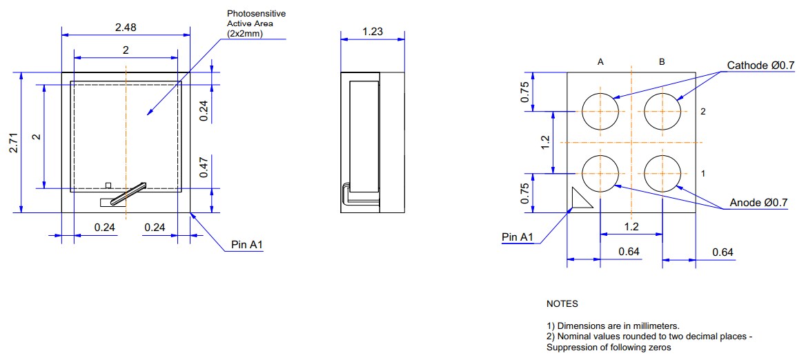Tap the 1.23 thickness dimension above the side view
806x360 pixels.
tap(372, 31)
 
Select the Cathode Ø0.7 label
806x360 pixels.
tap(760, 66)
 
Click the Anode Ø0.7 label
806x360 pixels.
tap(759, 203)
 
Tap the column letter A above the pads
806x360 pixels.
tap(600, 62)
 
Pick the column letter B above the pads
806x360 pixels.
tap(662, 62)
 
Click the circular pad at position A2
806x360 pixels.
tap(600, 111)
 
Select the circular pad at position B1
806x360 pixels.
tap(662, 173)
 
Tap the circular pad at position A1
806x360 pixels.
tap(600, 173)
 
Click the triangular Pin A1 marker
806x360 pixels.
tap(580, 200)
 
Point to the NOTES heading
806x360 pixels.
tap(562, 304)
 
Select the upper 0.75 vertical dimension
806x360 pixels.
tap(525, 92)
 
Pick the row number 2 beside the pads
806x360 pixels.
tap(702, 111)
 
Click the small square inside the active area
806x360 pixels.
tap(107, 185)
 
